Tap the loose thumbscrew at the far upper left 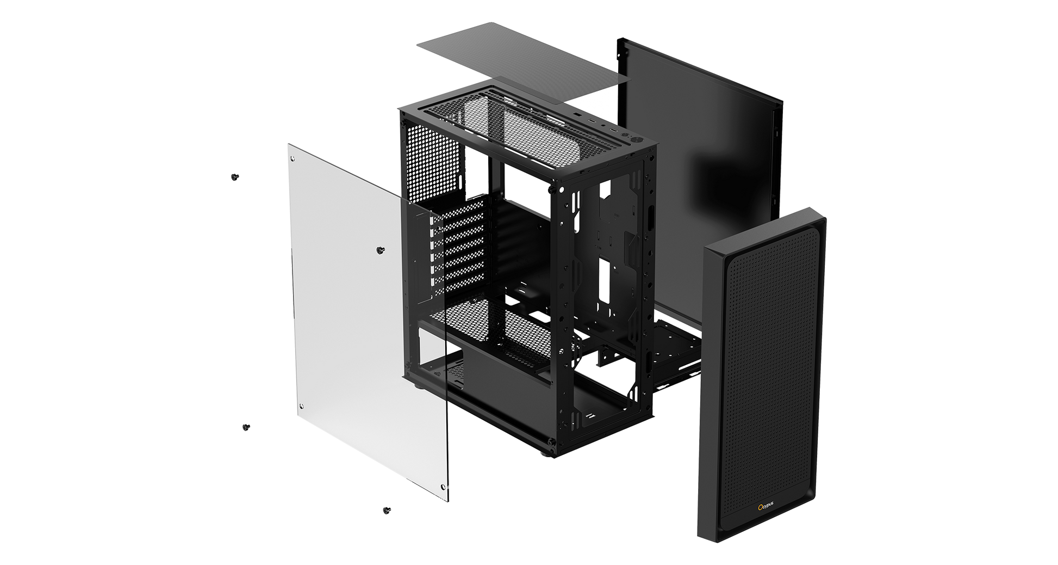[235, 177]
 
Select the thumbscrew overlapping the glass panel [381, 250]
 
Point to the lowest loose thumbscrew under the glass [387, 510]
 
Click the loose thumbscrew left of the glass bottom [246, 427]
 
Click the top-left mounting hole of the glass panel [293, 158]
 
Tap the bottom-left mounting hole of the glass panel [302, 406]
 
